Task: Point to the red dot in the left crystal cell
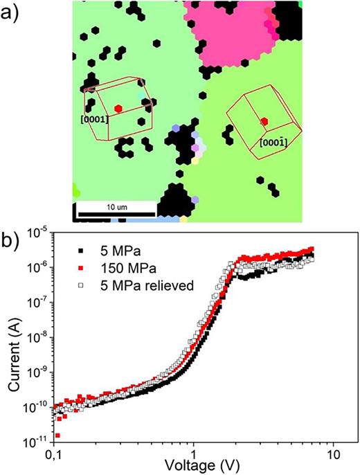click(118, 109)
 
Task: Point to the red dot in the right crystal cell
click(264, 122)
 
